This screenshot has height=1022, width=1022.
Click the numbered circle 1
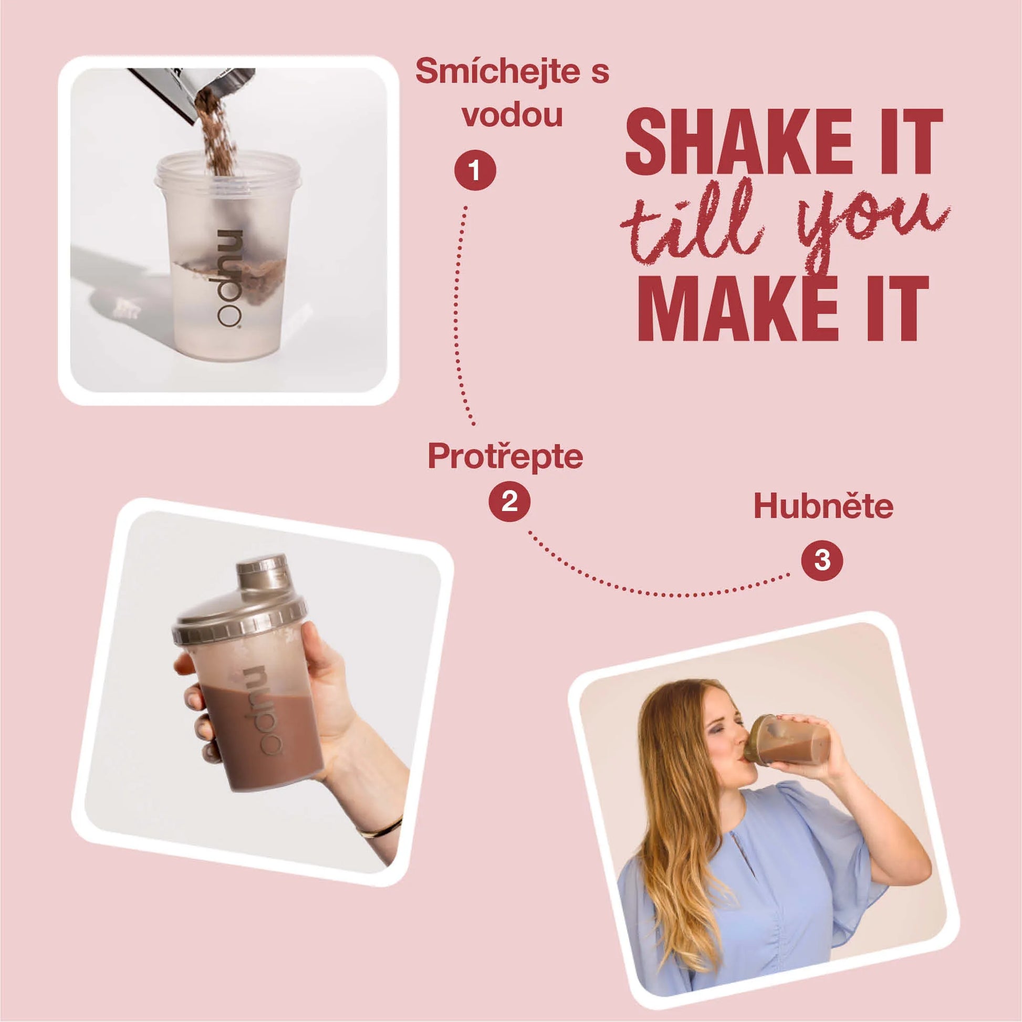tap(475, 171)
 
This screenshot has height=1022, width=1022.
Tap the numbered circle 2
tap(509, 500)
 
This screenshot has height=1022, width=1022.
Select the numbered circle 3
tap(822, 560)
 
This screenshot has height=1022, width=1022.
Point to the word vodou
tap(512, 115)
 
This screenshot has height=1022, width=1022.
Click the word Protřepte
tap(505, 456)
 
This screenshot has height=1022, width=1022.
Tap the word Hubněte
tap(823, 506)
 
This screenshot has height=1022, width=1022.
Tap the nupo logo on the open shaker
tap(229, 278)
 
